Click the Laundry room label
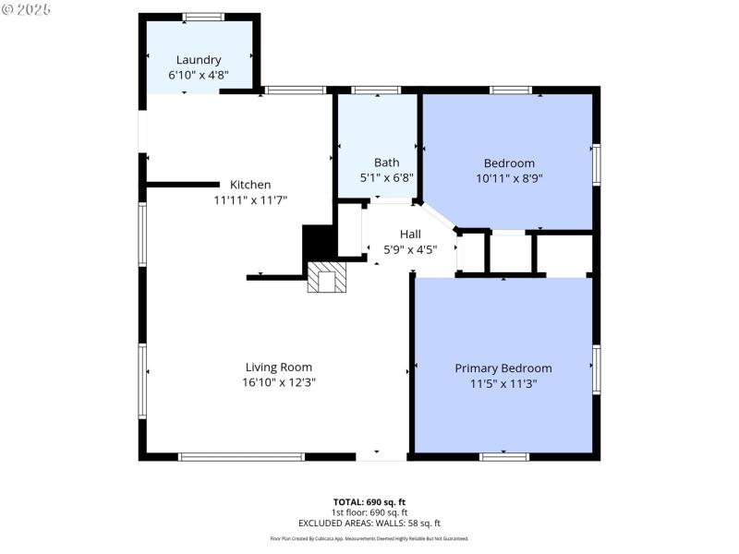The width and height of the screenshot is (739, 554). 199,60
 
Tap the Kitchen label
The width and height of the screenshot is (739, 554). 250,185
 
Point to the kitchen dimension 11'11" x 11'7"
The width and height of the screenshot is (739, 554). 250,199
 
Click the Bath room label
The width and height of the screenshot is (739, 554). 386,163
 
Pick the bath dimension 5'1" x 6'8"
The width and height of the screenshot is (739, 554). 386,177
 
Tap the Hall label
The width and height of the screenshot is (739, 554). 410,235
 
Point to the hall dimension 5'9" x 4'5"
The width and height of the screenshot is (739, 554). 410,248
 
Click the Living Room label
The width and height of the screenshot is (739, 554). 278,367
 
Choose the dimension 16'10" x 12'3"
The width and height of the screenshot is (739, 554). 278,381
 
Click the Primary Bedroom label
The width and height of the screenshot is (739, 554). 503,367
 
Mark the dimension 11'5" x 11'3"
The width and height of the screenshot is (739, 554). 503,382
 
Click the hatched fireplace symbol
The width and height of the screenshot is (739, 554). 325,277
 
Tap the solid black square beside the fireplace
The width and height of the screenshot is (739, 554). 318,245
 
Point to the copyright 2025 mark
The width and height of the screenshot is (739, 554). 27,8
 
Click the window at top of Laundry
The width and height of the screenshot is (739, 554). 202,17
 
